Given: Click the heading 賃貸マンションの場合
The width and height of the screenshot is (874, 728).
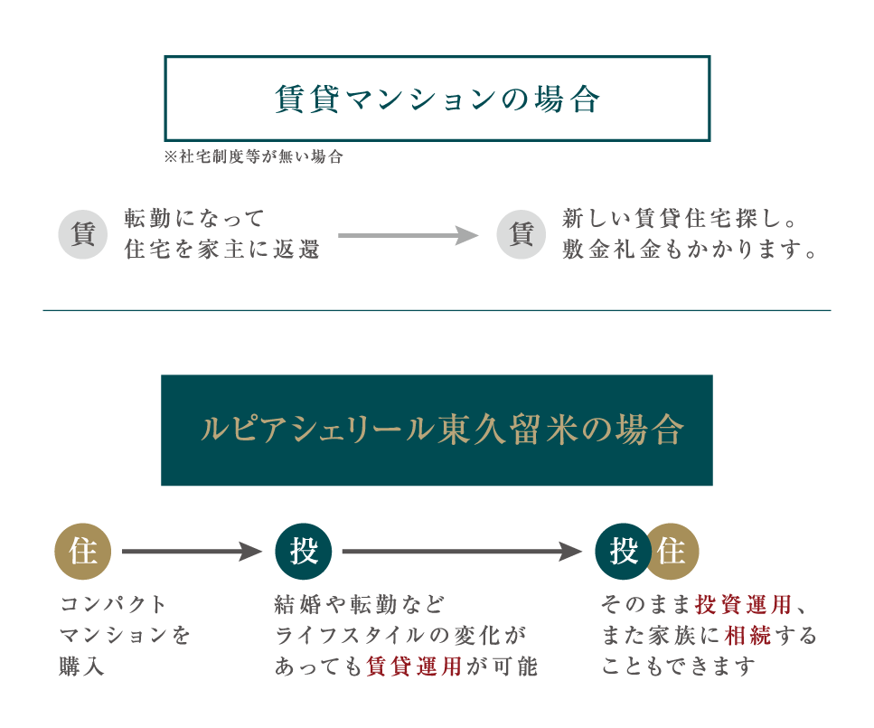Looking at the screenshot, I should click(x=437, y=99).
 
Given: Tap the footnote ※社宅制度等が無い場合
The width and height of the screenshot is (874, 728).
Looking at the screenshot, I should click(x=254, y=156).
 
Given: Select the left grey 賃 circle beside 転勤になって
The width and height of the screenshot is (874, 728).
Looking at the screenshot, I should click(x=83, y=235).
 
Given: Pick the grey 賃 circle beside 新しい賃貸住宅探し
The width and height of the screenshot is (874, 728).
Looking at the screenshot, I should click(x=522, y=235).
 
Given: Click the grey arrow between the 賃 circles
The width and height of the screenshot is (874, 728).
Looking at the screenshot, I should click(x=407, y=236).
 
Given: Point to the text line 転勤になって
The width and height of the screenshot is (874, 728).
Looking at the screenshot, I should click(x=194, y=218).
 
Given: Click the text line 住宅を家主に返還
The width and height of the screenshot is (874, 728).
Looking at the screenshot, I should click(x=222, y=250).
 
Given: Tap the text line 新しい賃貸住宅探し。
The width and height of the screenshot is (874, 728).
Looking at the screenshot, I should click(x=679, y=218).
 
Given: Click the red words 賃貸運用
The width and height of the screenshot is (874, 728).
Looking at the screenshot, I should click(x=415, y=667).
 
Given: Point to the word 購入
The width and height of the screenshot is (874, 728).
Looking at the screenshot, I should click(x=82, y=667).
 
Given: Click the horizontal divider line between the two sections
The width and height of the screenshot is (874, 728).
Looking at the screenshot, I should click(x=437, y=310).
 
